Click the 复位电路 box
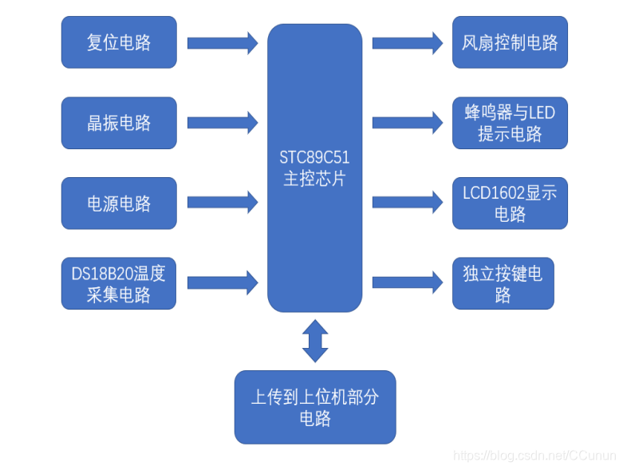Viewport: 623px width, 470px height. click(x=119, y=42)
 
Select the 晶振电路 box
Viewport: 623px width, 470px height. click(x=119, y=123)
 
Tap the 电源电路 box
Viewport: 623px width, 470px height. click(x=119, y=203)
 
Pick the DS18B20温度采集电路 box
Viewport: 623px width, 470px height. click(x=119, y=283)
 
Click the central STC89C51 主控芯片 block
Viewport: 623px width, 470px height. click(x=314, y=168)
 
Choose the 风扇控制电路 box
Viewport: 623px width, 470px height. click(x=510, y=42)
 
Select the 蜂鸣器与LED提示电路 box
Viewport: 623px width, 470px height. click(x=510, y=123)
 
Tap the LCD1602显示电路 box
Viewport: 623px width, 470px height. click(x=510, y=203)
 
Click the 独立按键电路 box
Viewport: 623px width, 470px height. click(x=503, y=283)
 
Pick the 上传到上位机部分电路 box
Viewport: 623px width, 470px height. click(x=314, y=407)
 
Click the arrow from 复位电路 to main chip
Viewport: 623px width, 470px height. click(x=223, y=42)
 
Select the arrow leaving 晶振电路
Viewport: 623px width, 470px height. click(x=223, y=123)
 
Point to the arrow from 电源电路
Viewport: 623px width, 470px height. click(x=223, y=203)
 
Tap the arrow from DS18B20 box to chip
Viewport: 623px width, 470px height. click(x=223, y=282)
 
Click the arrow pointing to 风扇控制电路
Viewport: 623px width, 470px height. click(x=407, y=42)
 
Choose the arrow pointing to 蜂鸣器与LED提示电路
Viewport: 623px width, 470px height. click(x=407, y=123)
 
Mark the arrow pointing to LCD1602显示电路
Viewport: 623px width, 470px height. click(x=407, y=203)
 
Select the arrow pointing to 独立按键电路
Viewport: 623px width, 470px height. click(x=407, y=282)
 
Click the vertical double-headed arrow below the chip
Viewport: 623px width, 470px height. click(x=314, y=341)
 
